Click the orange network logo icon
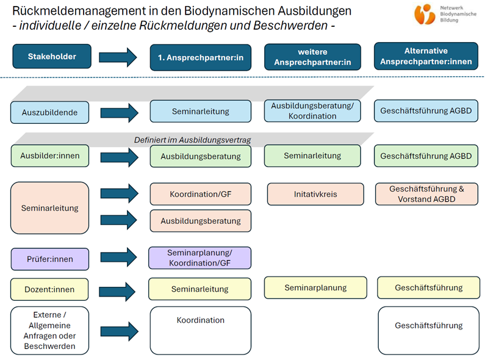(x=425, y=14)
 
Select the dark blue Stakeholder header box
(x=52, y=56)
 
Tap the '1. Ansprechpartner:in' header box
(x=201, y=57)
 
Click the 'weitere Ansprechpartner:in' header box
(x=312, y=57)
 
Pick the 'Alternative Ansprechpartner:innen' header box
(x=426, y=56)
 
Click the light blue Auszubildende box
(x=50, y=112)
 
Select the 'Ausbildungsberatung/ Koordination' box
(x=312, y=110)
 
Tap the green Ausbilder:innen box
(x=50, y=156)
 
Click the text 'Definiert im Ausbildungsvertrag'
(x=192, y=140)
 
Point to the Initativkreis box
(x=315, y=194)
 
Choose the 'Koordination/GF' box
(x=201, y=194)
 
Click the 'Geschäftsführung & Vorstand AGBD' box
(x=426, y=194)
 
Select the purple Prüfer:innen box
(x=50, y=259)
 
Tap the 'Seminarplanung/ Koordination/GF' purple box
(x=200, y=258)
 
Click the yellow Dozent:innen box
(x=49, y=289)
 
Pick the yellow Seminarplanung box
(x=315, y=287)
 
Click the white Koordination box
(x=201, y=330)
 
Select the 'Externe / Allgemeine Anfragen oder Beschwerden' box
(x=50, y=330)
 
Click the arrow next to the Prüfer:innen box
(x=118, y=257)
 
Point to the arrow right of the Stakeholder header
(x=118, y=57)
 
